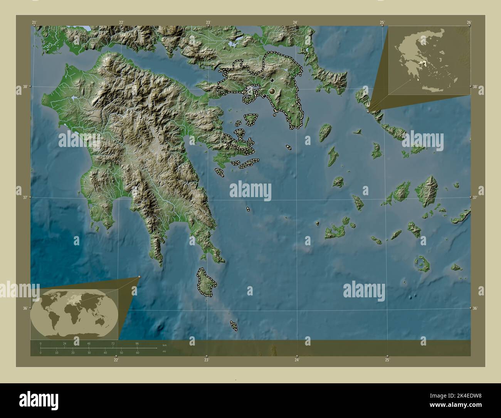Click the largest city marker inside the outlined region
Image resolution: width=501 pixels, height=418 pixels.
click(x=272, y=91)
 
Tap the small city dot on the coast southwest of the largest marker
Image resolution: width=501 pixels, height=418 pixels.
click(x=265, y=96)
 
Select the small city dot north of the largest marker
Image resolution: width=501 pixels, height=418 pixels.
click(x=272, y=80)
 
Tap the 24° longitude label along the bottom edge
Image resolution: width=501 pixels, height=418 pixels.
click(x=297, y=360)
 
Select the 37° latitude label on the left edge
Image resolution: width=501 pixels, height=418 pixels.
click(x=25, y=197)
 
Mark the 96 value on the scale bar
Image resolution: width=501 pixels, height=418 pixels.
click(x=137, y=343)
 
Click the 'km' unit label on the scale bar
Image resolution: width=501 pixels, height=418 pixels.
click(x=165, y=345)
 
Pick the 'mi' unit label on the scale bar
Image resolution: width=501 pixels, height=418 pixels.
click(x=165, y=351)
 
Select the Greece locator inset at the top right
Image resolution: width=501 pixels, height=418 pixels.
click(x=429, y=60)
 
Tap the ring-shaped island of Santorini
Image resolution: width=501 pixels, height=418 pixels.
click(x=420, y=265)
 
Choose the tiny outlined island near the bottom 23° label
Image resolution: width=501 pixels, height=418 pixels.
click(x=234, y=325)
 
